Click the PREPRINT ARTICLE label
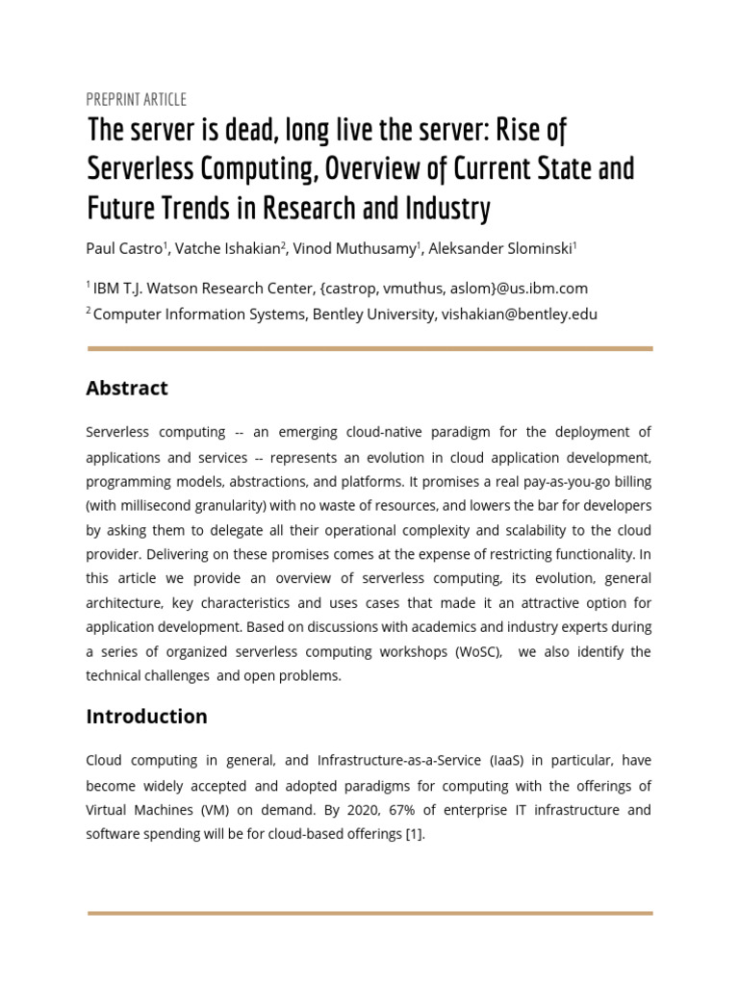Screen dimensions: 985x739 coord(136,99)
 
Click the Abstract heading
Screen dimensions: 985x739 coord(127,388)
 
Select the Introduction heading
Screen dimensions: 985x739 coord(146,716)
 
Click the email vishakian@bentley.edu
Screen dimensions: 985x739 coord(520,314)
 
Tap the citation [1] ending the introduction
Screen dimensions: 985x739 coord(413,834)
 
